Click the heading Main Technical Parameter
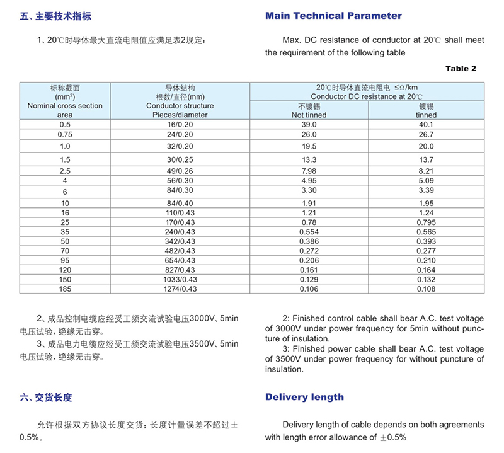(x=333, y=16)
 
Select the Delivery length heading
(x=304, y=397)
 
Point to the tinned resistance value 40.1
(x=427, y=125)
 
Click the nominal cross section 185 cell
(x=65, y=289)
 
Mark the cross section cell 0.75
(x=65, y=134)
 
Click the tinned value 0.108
(x=427, y=289)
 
